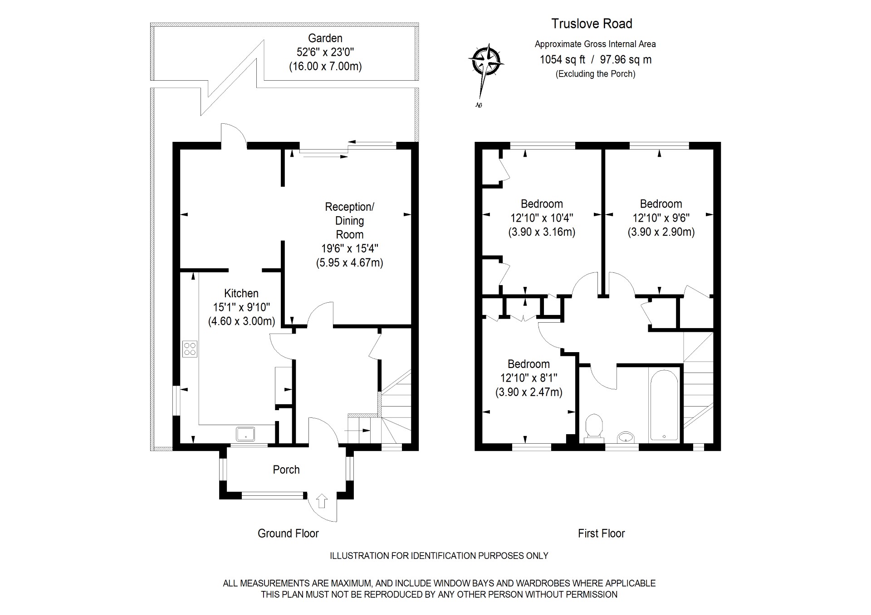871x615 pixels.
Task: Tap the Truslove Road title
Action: point(591,24)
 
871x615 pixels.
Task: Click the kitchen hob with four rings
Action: point(190,349)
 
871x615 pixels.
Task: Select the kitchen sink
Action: point(245,434)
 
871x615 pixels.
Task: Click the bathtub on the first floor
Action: point(664,405)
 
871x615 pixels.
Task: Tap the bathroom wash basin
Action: point(626,437)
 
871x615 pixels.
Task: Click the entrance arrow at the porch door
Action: point(321,500)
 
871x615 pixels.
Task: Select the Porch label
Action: point(286,470)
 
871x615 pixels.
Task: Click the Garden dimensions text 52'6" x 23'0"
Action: point(325,52)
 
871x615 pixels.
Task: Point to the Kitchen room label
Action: point(241,293)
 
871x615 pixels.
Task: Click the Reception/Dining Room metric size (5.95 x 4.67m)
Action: point(349,262)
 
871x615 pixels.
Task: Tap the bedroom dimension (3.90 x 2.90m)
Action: point(661,232)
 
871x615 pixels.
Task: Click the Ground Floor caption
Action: point(288,533)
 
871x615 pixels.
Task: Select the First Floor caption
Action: point(601,533)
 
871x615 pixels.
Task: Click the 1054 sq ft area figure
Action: point(562,59)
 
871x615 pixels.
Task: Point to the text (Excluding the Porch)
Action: point(595,74)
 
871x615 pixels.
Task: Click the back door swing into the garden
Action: point(233,135)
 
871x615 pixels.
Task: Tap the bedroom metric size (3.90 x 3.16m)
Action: point(542,232)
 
